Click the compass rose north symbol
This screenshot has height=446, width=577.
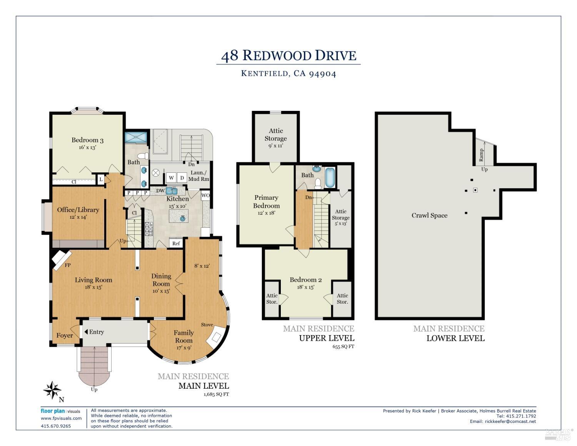52,390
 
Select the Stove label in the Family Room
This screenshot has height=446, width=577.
207,325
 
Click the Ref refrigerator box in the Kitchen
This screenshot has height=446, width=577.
176,243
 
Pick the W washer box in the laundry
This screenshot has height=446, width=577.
171,178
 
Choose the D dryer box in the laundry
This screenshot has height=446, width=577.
182,178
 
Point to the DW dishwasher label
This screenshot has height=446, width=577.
160,191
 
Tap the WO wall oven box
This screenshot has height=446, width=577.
206,195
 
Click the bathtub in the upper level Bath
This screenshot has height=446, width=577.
330,177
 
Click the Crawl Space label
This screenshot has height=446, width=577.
429,215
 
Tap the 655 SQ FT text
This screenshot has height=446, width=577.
343,346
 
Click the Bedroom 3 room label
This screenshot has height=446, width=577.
87,140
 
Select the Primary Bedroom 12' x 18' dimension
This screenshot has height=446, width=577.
266,213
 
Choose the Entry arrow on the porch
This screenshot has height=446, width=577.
86,332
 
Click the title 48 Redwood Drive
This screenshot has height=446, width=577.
288,56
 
